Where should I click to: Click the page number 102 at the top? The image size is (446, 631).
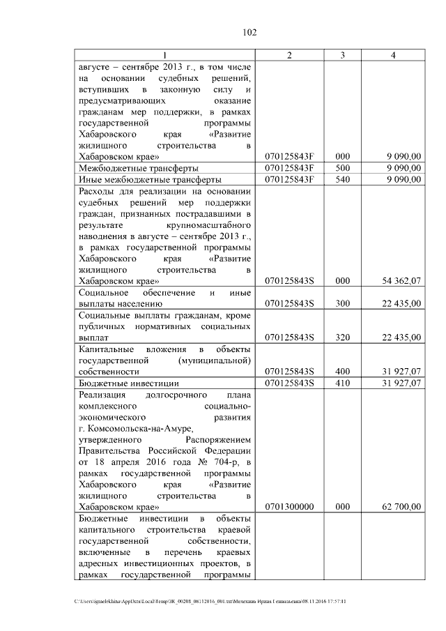[x=249, y=32]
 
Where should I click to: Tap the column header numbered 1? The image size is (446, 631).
[x=164, y=55]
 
